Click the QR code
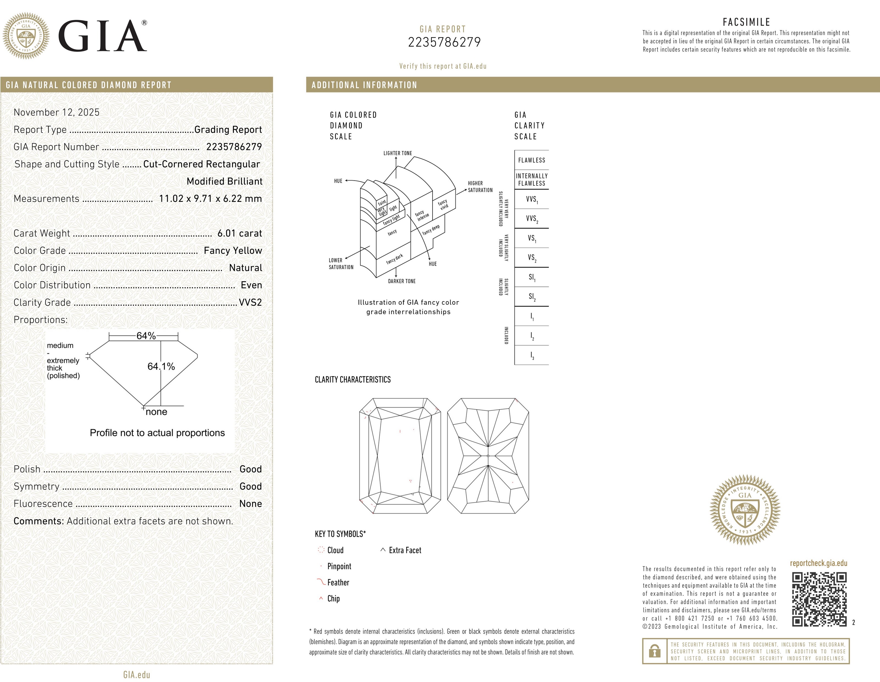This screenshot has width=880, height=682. click(819, 600)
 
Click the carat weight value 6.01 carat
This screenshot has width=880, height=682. click(239, 233)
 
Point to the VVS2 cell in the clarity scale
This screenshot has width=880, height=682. click(532, 219)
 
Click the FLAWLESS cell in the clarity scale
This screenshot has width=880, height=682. click(532, 160)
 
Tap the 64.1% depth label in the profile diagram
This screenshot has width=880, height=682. click(161, 366)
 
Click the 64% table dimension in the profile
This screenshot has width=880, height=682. click(146, 335)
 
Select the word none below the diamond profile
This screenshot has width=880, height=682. click(156, 412)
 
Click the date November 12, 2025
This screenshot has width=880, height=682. click(56, 112)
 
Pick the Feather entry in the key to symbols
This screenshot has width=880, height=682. click(338, 582)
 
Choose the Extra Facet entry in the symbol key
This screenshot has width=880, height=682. click(405, 550)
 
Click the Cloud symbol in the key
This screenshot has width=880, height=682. click(321, 550)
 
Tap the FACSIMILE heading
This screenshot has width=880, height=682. click(746, 22)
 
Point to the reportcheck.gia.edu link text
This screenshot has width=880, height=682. click(818, 563)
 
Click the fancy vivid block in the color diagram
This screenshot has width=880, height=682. click(443, 205)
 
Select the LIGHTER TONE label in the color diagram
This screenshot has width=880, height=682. click(397, 153)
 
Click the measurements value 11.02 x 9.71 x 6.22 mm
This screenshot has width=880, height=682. click(210, 199)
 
